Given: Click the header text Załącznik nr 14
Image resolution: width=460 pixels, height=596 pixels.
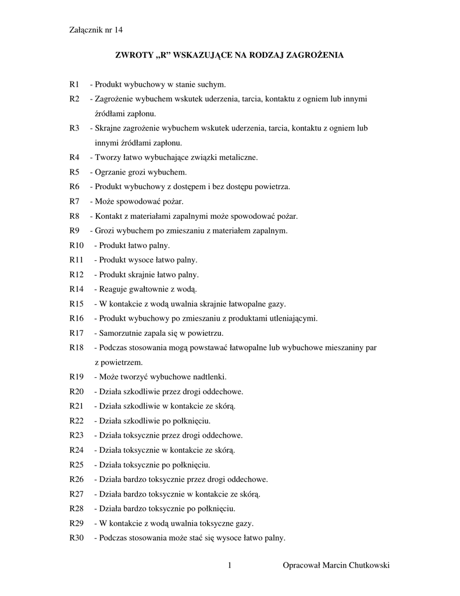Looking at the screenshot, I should [x=96, y=30].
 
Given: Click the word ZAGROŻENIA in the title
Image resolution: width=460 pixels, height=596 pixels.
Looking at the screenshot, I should [x=316, y=55].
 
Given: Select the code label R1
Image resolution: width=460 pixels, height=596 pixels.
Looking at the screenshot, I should [x=74, y=85].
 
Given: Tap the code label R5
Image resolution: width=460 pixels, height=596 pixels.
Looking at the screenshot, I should [x=74, y=172].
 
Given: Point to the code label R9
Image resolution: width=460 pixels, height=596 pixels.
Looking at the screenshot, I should [x=74, y=231].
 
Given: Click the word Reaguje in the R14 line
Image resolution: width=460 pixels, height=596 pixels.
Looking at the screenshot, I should [x=113, y=289].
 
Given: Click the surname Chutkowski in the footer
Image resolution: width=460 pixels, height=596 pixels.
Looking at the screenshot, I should [x=366, y=566].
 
